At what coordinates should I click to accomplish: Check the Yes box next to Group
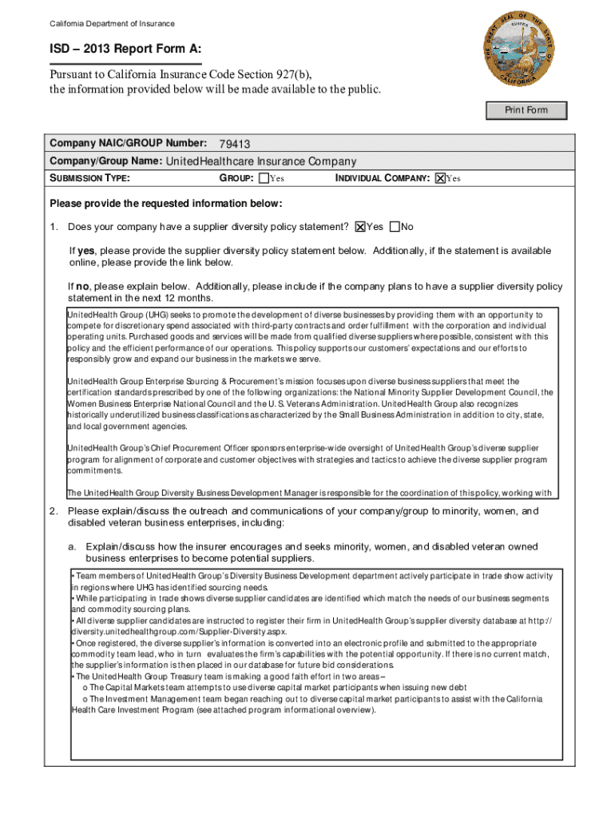tap(264, 178)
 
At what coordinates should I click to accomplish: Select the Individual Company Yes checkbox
tap(439, 178)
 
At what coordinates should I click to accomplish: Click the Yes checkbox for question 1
tap(360, 227)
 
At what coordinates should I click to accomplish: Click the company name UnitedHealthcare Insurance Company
tap(260, 161)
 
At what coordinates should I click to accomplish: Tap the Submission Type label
tap(90, 178)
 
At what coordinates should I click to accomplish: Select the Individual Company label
tap(382, 178)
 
